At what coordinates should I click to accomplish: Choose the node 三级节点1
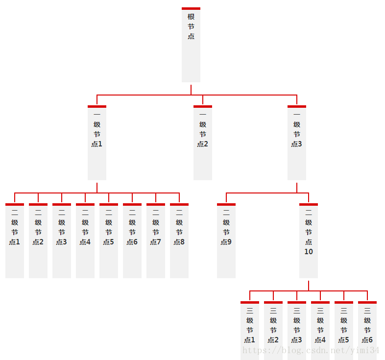point(250,331)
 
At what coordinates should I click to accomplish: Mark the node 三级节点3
point(297,331)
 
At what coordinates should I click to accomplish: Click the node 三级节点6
point(367,331)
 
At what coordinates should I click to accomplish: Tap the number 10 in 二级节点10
point(309,252)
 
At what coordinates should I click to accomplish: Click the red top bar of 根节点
point(191,8)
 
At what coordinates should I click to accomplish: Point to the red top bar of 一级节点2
point(203,106)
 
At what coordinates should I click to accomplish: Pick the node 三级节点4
point(320,331)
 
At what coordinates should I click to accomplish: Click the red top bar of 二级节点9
point(226,204)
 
